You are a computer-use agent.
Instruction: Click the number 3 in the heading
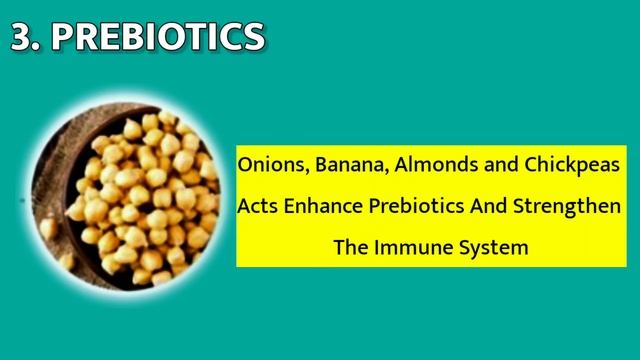24,37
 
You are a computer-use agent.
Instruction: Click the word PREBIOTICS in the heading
158,37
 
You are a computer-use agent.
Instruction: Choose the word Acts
257,206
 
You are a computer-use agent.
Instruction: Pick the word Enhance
323,205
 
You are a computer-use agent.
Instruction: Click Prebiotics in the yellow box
416,205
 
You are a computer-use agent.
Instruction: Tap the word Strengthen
567,206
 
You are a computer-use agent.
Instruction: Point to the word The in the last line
351,247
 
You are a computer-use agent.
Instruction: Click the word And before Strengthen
488,205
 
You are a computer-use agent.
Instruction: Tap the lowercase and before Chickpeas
501,164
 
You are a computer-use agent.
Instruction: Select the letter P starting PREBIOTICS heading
64,37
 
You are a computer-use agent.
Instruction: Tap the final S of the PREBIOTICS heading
252,37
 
